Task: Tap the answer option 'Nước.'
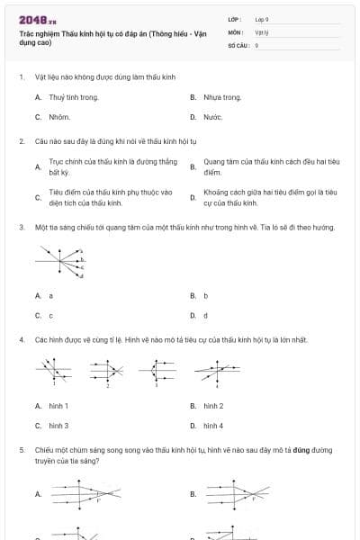click(213, 117)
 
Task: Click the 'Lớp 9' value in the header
click(262, 19)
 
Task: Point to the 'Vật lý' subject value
click(262, 31)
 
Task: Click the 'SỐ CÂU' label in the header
click(238, 44)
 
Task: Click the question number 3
click(21, 228)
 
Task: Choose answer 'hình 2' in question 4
click(213, 406)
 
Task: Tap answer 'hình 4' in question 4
click(213, 425)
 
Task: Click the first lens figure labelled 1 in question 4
click(55, 369)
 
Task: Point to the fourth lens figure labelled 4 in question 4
click(215, 369)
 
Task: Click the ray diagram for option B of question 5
click(238, 494)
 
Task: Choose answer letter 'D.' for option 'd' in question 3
click(193, 316)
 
